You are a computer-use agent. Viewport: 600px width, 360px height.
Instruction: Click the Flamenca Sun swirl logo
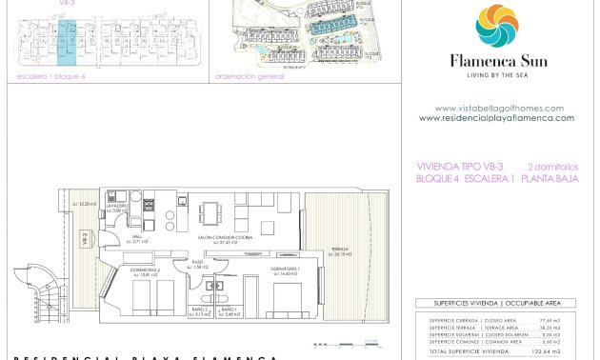click(x=496, y=27)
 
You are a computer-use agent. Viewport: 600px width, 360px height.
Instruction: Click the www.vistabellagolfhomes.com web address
click(x=499, y=109)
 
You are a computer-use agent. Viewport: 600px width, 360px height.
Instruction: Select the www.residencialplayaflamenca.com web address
click(x=496, y=118)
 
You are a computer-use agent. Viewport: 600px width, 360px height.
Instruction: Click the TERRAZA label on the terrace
click(x=339, y=250)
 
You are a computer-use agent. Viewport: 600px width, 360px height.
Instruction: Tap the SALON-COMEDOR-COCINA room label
click(x=215, y=239)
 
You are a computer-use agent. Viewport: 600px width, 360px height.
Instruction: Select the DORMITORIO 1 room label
click(x=285, y=270)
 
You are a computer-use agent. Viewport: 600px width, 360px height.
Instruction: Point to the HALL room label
click(x=136, y=238)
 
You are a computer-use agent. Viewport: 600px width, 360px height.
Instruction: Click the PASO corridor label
click(x=199, y=263)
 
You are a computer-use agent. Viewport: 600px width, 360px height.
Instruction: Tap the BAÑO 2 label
click(x=199, y=310)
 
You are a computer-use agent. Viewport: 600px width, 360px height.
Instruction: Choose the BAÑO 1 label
click(x=228, y=310)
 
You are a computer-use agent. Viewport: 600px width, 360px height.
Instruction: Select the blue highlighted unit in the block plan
click(x=67, y=41)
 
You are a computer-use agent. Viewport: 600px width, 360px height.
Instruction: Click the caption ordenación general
click(x=250, y=76)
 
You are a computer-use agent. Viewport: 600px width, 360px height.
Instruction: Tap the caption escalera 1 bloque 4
click(x=51, y=76)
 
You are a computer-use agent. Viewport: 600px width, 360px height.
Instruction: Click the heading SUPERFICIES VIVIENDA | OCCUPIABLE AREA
click(x=495, y=303)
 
